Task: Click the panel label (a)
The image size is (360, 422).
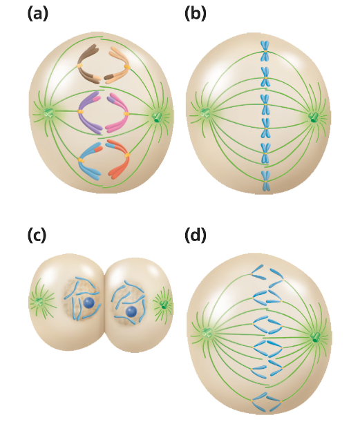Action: point(38,14)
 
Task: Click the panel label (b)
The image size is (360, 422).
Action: point(196,14)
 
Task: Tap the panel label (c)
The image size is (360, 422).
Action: point(37,235)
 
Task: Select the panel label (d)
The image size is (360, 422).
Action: point(196,235)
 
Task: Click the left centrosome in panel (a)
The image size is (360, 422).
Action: point(48,113)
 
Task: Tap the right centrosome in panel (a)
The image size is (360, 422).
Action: point(157,117)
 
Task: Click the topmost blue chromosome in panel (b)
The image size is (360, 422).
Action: point(265,50)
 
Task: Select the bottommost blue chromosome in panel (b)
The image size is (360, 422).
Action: point(266,181)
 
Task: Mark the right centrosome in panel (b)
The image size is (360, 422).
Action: point(314,117)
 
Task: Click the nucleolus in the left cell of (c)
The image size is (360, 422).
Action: point(88,303)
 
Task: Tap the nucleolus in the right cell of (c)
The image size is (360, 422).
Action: point(131,311)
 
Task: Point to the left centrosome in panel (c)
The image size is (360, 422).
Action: point(40,302)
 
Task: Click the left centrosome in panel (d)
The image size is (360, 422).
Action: point(206,333)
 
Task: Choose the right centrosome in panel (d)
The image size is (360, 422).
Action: point(315,337)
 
